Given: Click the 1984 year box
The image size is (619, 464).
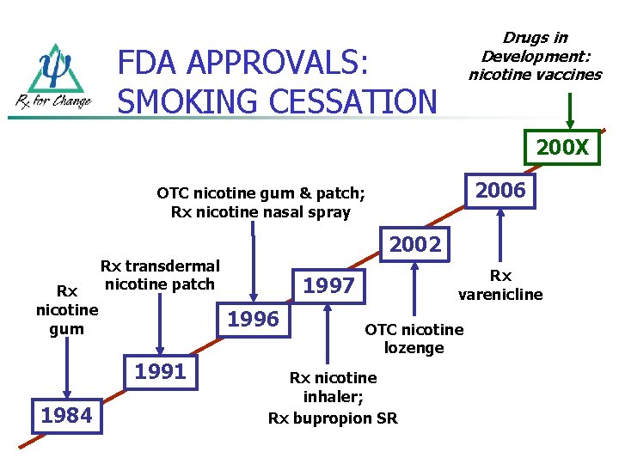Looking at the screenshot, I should pos(66,416).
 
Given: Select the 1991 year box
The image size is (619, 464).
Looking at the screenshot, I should pos(161,371).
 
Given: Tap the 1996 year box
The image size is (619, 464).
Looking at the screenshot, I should pos(252,320).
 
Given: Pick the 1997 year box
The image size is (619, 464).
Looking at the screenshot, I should pos(329,285).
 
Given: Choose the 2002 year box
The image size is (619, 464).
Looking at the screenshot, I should pos(414,244).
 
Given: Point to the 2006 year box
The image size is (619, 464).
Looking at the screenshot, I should pos(500,191).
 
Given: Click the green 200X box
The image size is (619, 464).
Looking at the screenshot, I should pos(562,148).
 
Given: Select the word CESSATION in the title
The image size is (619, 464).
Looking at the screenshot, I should pos(353,102).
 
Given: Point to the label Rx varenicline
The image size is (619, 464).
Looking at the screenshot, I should pos(500,285).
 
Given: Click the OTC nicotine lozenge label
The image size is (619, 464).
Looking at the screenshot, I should pos(414,339).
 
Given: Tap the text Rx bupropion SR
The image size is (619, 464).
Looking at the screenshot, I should pos(333,418).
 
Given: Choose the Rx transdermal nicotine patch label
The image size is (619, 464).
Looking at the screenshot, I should pos(161,275).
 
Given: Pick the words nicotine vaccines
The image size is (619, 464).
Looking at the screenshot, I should pos(535,75).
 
